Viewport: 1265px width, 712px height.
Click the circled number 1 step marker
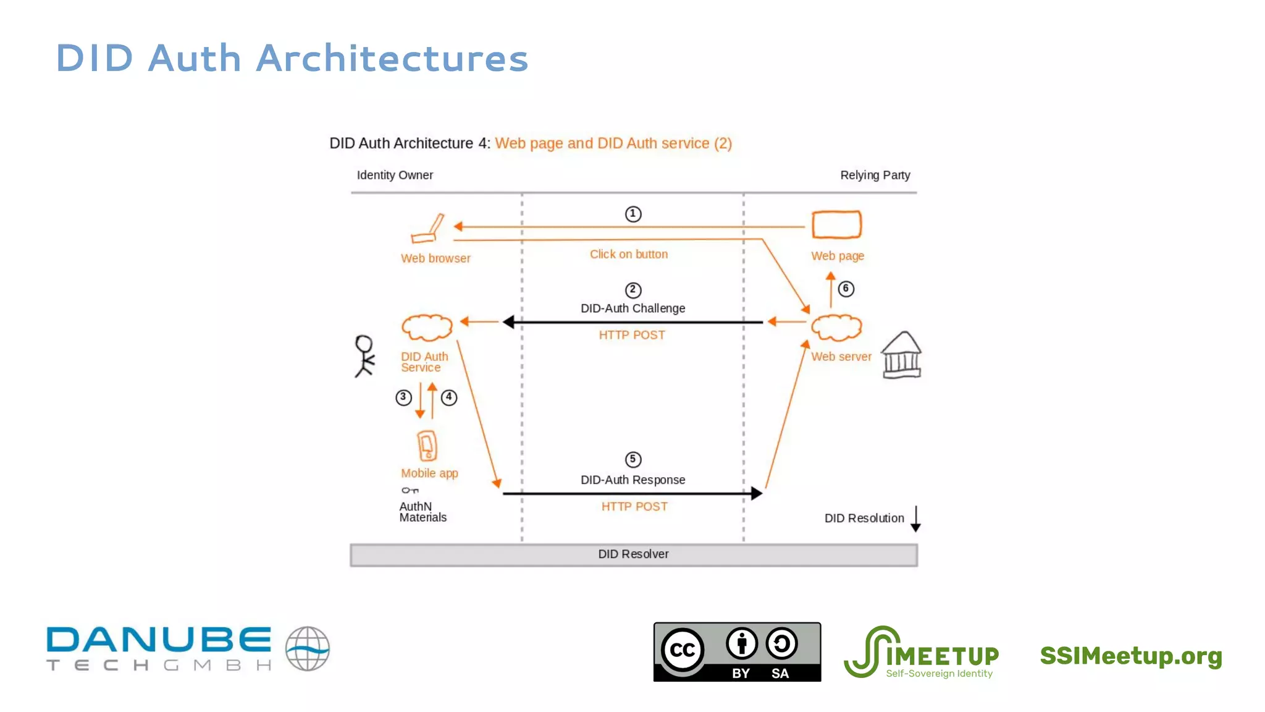[633, 214]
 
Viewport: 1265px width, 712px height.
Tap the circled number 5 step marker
[633, 459]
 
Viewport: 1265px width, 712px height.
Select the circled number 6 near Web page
[846, 289]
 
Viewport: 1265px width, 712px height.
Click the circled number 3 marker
[403, 397]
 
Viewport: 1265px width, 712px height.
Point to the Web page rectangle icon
[836, 224]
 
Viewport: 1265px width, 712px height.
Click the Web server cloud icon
[836, 328]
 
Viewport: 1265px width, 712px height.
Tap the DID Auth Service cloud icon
[427, 328]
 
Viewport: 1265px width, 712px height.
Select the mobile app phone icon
[427, 446]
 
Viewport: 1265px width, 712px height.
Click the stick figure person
[364, 356]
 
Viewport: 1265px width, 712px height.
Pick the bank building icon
[901, 355]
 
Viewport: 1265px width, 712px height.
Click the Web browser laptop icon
[428, 229]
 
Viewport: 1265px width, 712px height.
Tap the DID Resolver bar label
[633, 554]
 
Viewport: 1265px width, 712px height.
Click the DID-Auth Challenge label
[632, 308]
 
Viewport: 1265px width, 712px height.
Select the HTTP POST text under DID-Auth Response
[634, 507]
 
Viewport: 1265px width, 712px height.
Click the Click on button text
[629, 254]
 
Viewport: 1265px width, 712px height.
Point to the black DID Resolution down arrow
[915, 519]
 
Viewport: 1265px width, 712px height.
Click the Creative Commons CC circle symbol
[683, 650]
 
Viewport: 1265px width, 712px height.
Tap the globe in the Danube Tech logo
[308, 649]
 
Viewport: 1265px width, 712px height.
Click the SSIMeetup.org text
[1131, 656]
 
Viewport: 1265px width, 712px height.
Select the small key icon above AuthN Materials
[410, 491]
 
